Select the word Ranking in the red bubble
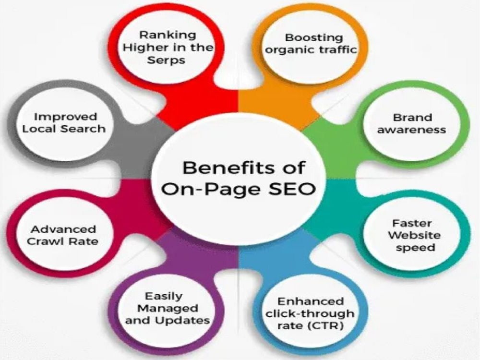[x=168, y=35]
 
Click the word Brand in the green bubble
[x=412, y=118]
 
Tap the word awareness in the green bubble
[x=411, y=130]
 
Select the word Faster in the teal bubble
[x=412, y=223]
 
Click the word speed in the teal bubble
[x=415, y=248]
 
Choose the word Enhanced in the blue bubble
[x=310, y=301]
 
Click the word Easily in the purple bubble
[x=164, y=296]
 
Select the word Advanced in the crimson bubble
[x=63, y=229]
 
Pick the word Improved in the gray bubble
[x=65, y=117]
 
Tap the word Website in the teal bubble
[x=414, y=235]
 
